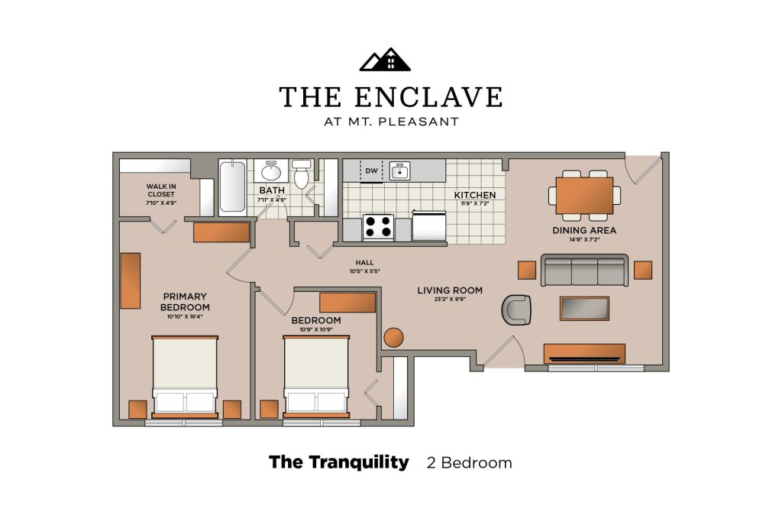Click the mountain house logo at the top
coord(385,60)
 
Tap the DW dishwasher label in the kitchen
coord(372,170)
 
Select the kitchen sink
coord(400,170)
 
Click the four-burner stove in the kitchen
coord(378,228)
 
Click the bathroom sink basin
coord(271,171)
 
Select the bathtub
coord(232,186)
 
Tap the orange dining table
coord(584,196)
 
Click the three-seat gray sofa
coord(584,271)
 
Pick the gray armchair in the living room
coord(516,310)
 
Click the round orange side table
coord(393,338)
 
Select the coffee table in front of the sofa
coord(584,309)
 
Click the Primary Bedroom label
coord(185,302)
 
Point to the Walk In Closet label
coord(161,190)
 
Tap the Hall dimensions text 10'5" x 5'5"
coord(365,271)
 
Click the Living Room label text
coord(450,290)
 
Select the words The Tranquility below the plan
coord(338,462)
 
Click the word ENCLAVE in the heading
coord(428,97)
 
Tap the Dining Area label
coord(584,230)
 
